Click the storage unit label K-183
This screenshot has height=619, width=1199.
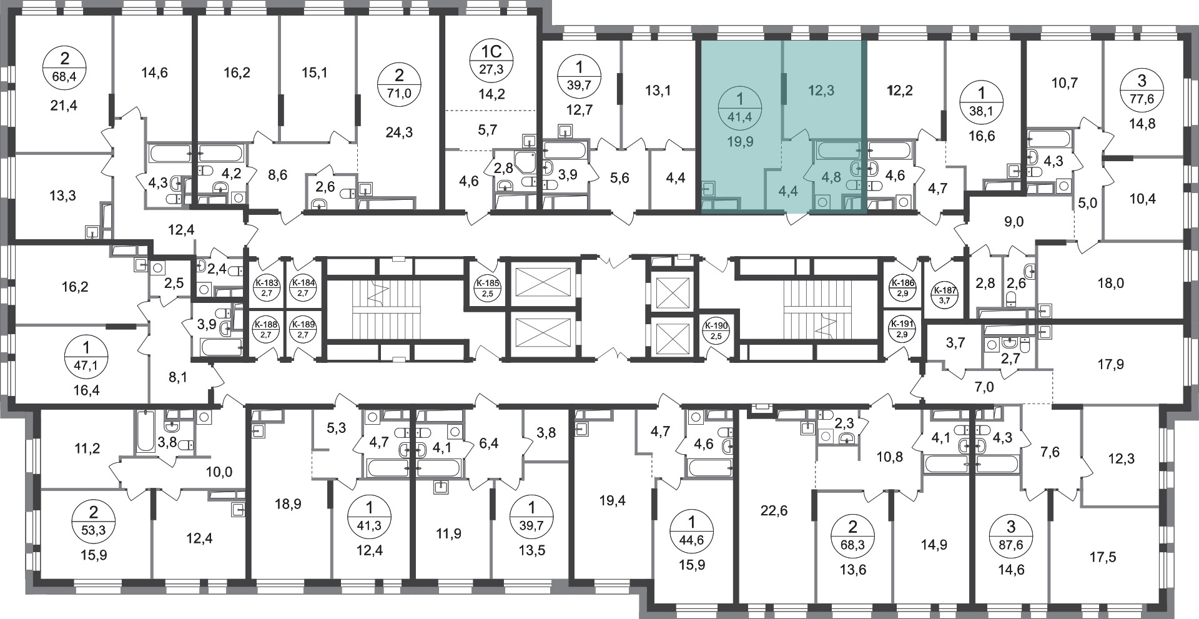point(266,289)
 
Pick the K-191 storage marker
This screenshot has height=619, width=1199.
point(902,329)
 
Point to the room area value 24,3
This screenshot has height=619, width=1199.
point(400,132)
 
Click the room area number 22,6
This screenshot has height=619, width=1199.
point(774,511)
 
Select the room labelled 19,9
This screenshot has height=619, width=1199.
point(740,142)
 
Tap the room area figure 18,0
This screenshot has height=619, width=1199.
point(1110,283)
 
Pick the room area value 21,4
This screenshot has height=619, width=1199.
point(65,106)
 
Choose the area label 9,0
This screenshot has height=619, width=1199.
point(1015,221)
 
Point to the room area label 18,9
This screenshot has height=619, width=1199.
point(288,503)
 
